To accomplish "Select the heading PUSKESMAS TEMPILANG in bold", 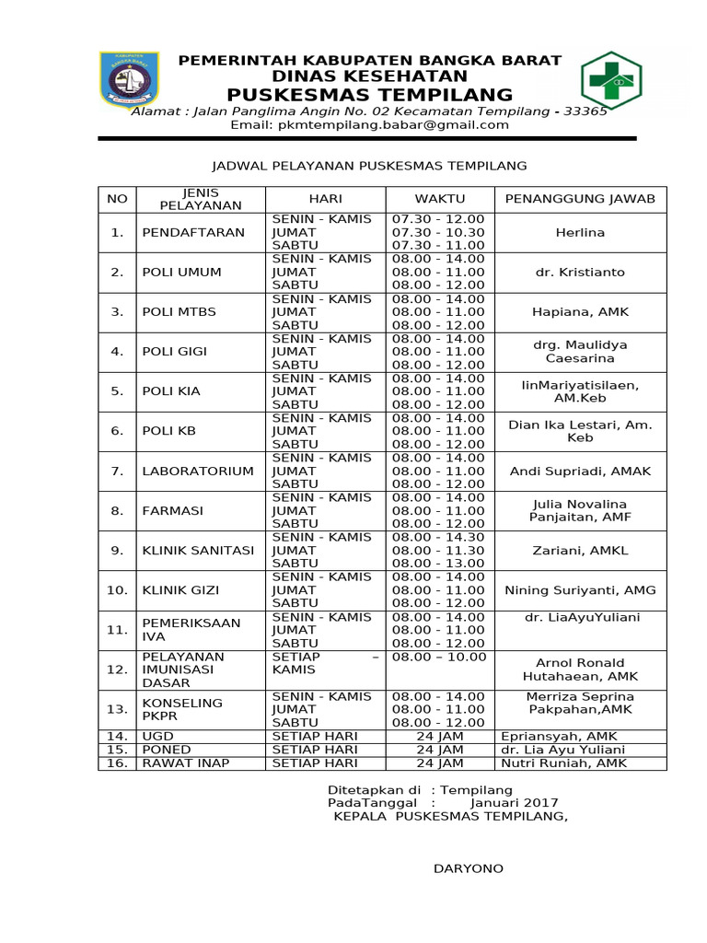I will (x=369, y=95).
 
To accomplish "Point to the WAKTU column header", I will (x=439, y=198).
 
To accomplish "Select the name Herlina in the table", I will (x=580, y=232).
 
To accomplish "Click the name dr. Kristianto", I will (x=580, y=272).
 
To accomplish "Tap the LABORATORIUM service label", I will (x=197, y=471).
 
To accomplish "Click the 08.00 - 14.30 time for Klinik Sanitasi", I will (x=438, y=537).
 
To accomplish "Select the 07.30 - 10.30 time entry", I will (x=438, y=232).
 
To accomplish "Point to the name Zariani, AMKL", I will (x=580, y=550).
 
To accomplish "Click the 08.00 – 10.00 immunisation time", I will (x=438, y=657).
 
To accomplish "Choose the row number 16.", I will (x=117, y=763).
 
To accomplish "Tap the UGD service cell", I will (x=156, y=736).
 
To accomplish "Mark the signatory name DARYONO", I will (x=469, y=868).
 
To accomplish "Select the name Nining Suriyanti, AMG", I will (x=580, y=589).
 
